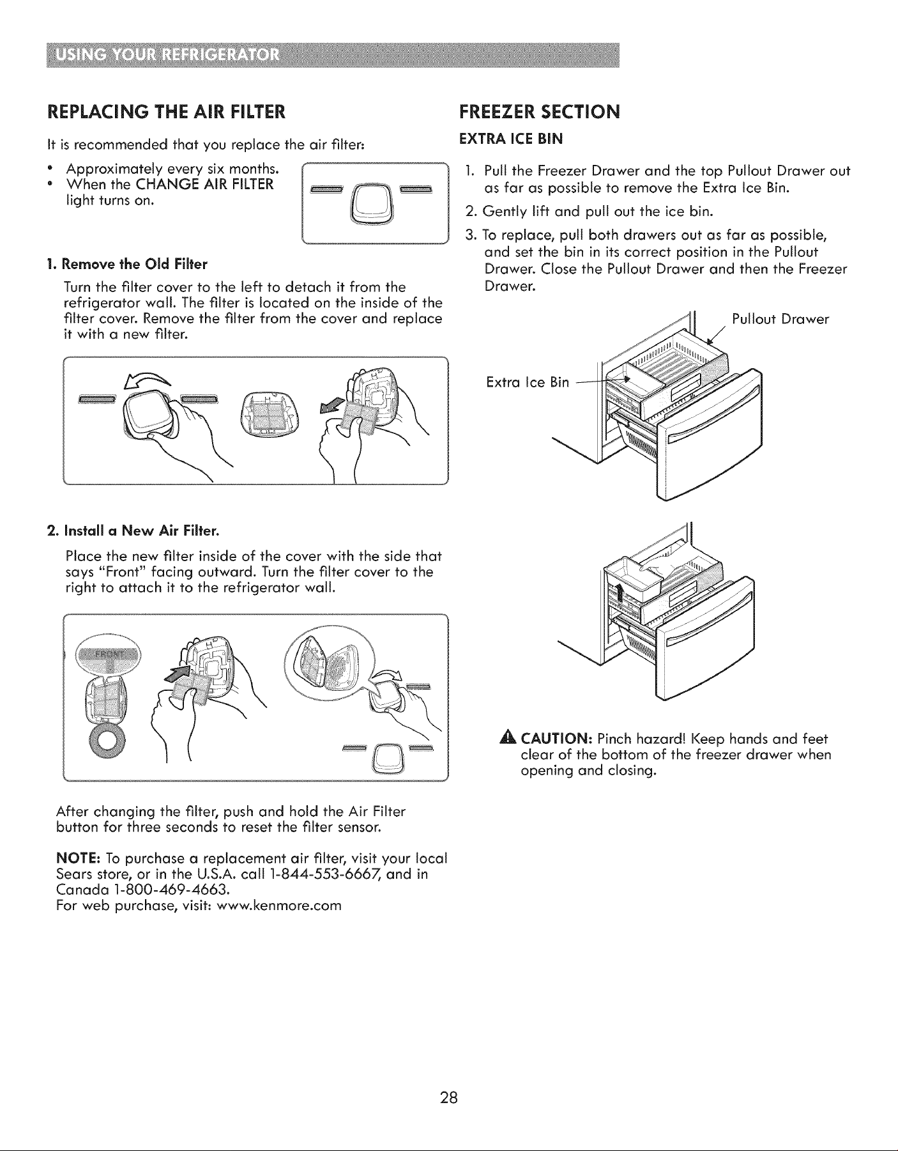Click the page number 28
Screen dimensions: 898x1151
pyautogui.click(x=448, y=1099)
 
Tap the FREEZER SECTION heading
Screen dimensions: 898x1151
pyautogui.click(x=540, y=112)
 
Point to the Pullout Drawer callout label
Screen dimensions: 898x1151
pyautogui.click(x=780, y=319)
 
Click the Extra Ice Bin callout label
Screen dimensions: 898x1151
pyautogui.click(x=527, y=382)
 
